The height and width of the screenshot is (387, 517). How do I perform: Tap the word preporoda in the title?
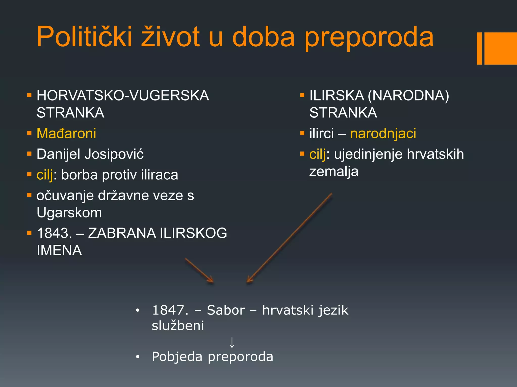(369, 38)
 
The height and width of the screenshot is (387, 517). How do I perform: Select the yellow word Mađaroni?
(66, 133)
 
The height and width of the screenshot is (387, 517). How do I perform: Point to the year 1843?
(54, 233)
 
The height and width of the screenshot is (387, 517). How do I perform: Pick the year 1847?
(170, 310)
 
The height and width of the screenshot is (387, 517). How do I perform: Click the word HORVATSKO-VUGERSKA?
(123, 95)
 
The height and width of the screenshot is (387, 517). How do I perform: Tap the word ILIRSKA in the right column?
(337, 95)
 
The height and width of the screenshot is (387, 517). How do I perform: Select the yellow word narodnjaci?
(383, 133)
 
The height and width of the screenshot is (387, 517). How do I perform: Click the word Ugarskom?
(69, 212)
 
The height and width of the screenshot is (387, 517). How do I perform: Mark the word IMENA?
(59, 250)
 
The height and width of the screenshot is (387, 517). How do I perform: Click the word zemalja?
(334, 172)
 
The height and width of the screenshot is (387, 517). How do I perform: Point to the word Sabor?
(226, 310)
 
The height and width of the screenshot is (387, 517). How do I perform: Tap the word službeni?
(178, 326)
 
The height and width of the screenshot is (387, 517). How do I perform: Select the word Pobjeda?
(177, 357)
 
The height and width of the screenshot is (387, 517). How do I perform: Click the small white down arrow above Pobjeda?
(232, 342)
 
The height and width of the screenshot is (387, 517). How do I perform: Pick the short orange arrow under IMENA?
(199, 271)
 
